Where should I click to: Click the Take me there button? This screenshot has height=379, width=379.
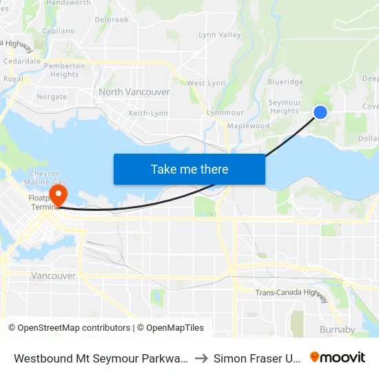(189, 169)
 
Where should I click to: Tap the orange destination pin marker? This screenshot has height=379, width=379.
(58, 192)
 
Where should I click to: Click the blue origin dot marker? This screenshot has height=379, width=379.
(320, 112)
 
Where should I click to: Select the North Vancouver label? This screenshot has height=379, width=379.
(134, 92)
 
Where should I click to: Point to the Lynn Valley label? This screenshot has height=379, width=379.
(220, 34)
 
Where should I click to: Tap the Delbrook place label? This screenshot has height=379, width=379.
(112, 20)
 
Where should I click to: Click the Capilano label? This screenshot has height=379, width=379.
(58, 31)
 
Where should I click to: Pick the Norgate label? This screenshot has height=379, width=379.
(52, 97)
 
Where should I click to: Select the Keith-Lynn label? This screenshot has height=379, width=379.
(148, 113)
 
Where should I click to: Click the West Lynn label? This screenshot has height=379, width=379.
(206, 83)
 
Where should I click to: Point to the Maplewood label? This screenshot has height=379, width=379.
(248, 126)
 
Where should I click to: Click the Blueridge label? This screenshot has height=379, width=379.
(285, 82)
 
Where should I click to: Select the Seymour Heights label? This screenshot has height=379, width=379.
(285, 107)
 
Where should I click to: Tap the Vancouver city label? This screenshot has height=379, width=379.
(54, 276)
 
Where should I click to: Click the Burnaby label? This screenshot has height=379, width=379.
(338, 329)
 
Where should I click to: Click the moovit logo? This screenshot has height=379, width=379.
(338, 358)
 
